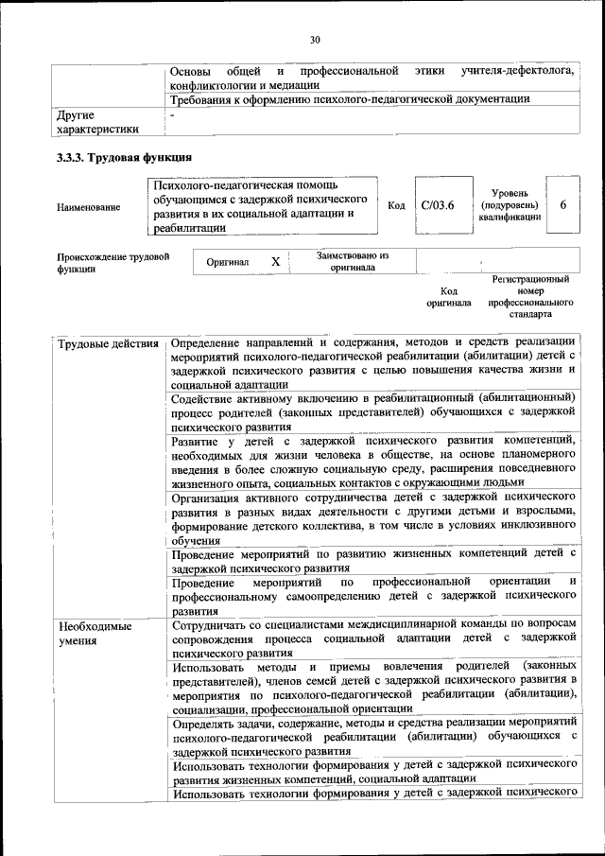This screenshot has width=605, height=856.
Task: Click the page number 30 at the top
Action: click(315, 39)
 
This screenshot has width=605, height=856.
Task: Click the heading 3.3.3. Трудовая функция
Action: click(125, 158)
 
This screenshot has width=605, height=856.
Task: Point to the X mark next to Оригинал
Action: click(275, 262)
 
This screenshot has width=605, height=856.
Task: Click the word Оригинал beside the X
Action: click(228, 262)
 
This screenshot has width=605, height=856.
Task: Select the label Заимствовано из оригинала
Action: click(352, 261)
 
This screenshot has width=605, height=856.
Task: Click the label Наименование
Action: click(89, 207)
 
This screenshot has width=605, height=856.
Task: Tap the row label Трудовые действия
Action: click(108, 342)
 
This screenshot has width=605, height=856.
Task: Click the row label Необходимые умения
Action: click(95, 633)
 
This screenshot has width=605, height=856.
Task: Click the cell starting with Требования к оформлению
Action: click(350, 98)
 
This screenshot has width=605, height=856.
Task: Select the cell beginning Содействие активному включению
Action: click(373, 412)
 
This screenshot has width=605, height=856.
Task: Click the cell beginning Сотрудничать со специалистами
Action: click(373, 638)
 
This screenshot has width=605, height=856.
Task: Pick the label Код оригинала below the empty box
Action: click(448, 297)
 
